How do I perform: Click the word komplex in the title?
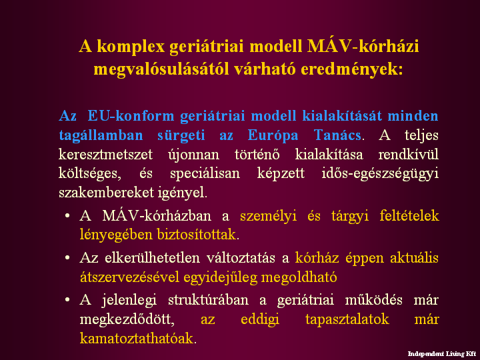coord(131,47)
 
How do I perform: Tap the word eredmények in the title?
coord(352,69)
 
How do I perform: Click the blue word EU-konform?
coord(131,116)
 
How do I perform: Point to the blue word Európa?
coord(273,135)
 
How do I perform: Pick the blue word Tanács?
coord(337,135)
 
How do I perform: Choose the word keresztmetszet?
coord(105,154)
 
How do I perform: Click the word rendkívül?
coord(409,154)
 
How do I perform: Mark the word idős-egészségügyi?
coord(380,174)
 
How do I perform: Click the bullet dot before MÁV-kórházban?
coord(67,216)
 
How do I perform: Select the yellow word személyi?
coord(269,217)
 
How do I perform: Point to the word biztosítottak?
coord(197,235)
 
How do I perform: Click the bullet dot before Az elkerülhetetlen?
coord(67,258)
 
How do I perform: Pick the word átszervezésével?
coord(129,277)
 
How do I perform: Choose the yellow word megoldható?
coord(299,277)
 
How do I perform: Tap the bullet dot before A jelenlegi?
coord(67,300)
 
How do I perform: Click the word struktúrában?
coord(208,300)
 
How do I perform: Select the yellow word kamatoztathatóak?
coord(137,339)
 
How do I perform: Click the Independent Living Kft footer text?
coord(441,354)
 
